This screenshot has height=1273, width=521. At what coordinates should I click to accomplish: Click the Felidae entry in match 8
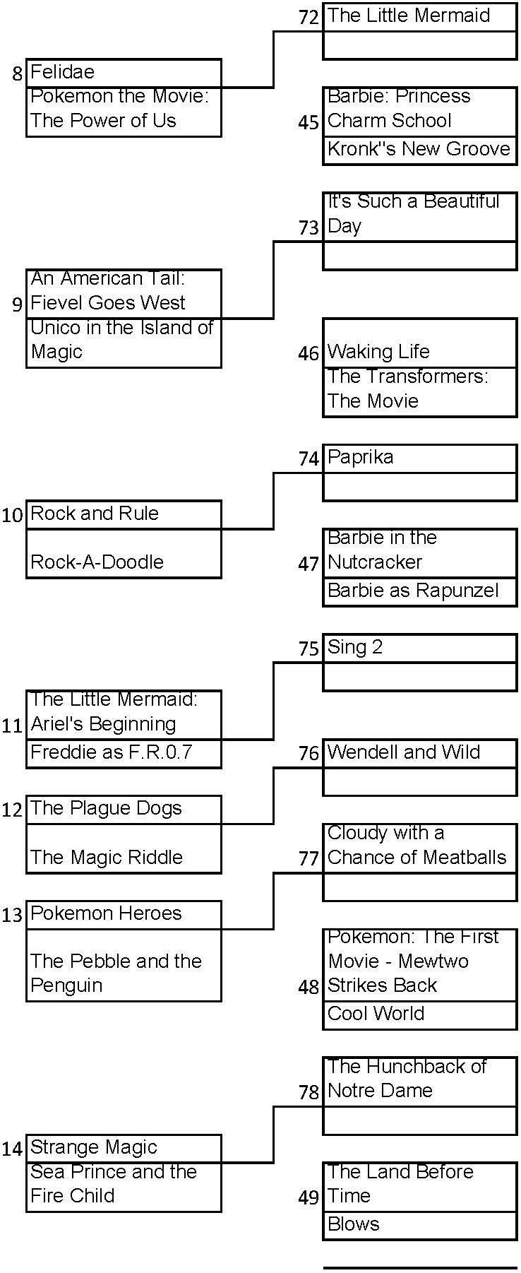(124, 73)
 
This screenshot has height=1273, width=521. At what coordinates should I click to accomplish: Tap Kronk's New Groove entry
(419, 150)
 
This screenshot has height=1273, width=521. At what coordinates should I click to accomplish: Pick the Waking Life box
(419, 343)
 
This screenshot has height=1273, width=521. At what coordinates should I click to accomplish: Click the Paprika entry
(419, 458)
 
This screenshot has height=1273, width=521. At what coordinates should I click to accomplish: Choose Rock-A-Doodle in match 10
(124, 554)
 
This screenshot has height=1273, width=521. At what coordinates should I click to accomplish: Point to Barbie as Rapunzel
(419, 591)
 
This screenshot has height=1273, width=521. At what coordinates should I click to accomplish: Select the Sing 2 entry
(419, 648)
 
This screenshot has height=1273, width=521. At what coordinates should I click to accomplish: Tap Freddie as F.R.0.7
(124, 753)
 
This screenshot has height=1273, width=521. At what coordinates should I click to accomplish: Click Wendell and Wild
(419, 753)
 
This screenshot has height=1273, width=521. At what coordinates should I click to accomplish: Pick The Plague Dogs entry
(124, 810)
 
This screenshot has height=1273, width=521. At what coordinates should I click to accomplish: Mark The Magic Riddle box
(124, 849)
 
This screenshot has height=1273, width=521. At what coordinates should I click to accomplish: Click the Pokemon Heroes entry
(124, 914)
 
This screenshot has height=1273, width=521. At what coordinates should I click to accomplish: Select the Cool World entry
(419, 1014)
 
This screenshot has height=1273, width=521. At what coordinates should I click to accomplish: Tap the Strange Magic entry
(124, 1148)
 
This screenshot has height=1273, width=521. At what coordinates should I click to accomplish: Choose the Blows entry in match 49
(419, 1225)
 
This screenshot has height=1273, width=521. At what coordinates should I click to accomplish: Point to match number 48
(309, 987)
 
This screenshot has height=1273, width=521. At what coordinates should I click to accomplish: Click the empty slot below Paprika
(419, 487)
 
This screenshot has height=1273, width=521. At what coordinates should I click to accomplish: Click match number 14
(12, 1149)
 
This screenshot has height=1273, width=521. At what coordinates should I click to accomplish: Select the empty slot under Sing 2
(419, 677)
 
